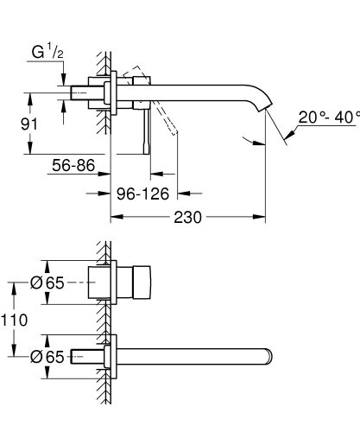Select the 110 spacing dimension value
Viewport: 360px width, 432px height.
pos(17,320)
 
